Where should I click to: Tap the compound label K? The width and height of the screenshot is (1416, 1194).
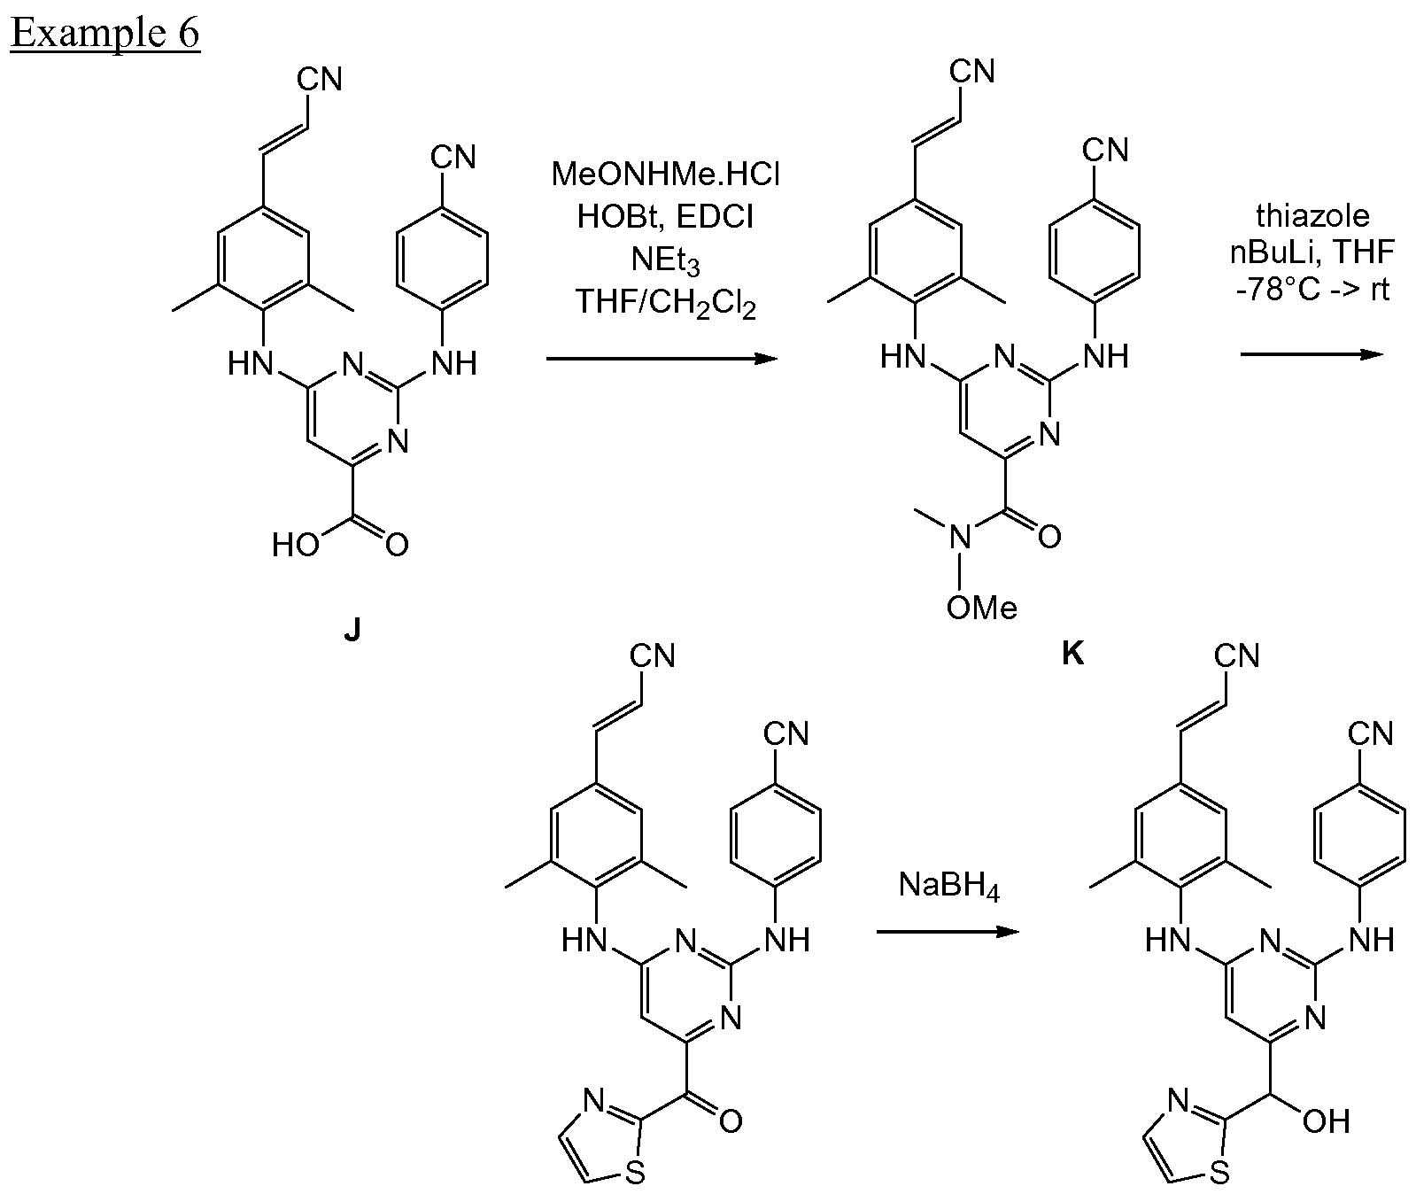1072,655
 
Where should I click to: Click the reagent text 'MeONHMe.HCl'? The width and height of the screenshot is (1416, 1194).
666,174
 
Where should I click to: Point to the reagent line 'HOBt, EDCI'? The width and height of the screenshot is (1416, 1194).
665,217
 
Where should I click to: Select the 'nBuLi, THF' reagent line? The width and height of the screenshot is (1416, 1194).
1312,252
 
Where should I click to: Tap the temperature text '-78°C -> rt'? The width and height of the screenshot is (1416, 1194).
1312,290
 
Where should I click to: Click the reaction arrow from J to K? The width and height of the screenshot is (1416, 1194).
660,359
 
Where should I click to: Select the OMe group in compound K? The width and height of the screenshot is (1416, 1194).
982,608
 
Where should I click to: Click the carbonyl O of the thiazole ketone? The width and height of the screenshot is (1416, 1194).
731,1123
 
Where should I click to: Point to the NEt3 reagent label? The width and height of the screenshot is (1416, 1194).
666,262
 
